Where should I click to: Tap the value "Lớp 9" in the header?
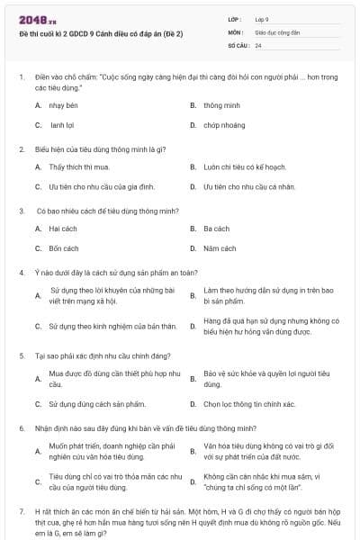262,18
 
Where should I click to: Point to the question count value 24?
258,44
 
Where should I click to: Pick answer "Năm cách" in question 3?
220,247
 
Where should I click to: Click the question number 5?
22,355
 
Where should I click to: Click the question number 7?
22,510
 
